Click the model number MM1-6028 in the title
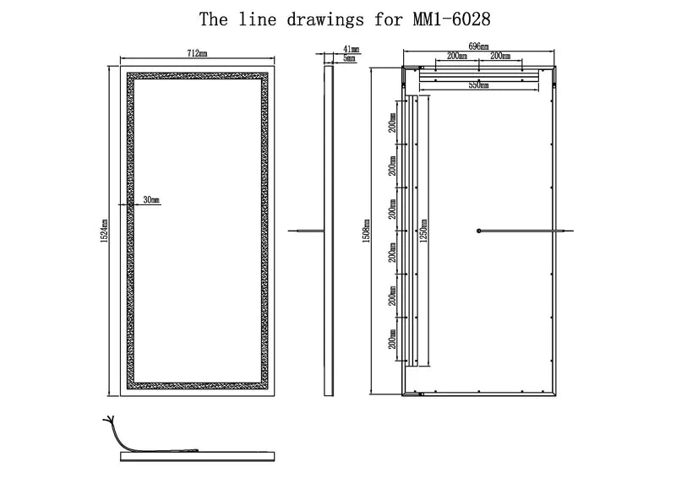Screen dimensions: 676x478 click(452, 19)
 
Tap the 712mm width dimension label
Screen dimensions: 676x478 click(197, 53)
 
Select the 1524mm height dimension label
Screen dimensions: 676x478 click(104, 231)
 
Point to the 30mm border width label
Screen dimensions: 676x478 click(151, 200)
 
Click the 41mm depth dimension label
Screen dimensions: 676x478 click(351, 49)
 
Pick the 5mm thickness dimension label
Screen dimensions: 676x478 click(350, 58)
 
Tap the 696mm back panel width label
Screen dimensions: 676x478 click(478, 46)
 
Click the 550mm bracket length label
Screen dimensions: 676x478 click(478, 85)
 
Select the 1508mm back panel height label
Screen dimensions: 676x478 click(367, 231)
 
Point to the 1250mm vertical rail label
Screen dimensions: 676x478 click(423, 231)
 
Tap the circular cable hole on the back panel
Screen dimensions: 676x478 click(478, 231)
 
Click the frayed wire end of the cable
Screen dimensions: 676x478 click(108, 419)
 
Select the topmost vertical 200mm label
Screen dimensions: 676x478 click(392, 122)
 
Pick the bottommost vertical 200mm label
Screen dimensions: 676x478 click(392, 339)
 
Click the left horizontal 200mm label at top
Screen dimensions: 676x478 click(457, 56)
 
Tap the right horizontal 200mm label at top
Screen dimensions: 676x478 click(500, 56)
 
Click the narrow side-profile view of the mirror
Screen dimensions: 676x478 click(329, 231)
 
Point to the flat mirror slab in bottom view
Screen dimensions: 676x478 click(198, 456)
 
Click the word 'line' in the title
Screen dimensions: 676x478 click(258, 19)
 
